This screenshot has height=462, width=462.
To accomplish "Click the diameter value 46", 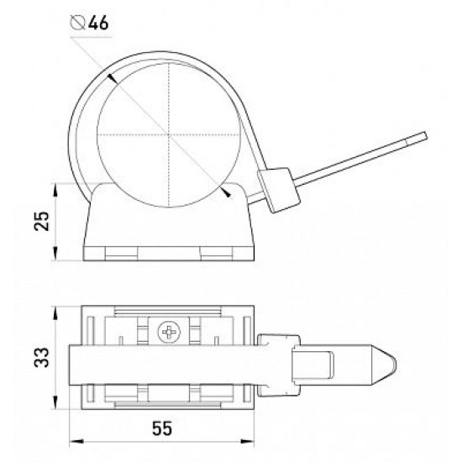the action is (x=98, y=24).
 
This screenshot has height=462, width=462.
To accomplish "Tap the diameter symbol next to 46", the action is (x=78, y=24).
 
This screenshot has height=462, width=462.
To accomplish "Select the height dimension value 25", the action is (x=41, y=221).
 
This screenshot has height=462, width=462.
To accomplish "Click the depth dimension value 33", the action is (x=41, y=357).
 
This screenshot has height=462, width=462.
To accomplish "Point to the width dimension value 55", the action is (x=162, y=428).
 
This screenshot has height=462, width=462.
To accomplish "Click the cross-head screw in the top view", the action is (x=169, y=333).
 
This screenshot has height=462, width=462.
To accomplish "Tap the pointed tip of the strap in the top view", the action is (x=396, y=365).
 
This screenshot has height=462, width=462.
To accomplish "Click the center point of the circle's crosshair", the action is (x=169, y=135).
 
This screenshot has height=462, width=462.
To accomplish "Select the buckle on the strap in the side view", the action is (x=278, y=190).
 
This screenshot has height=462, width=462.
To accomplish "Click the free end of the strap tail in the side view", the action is (x=426, y=136).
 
